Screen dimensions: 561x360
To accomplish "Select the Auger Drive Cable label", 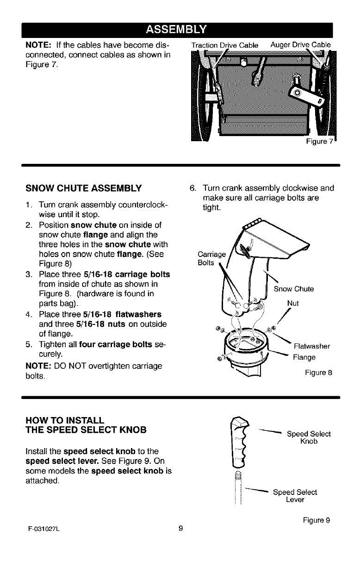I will [301, 45].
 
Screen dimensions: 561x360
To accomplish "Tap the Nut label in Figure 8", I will [293, 304].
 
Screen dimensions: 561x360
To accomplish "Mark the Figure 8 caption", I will [318, 373].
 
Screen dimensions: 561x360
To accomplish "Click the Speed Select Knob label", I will [309, 437].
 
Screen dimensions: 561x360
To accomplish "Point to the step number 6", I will [193, 189].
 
